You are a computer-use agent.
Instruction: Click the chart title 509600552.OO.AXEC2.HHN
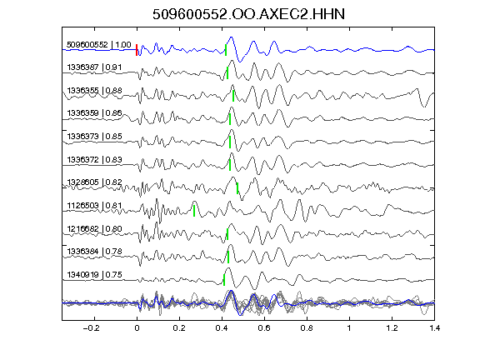(x=248, y=14)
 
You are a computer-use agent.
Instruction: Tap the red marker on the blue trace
(x=137, y=50)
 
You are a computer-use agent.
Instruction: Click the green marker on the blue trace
(x=226, y=50)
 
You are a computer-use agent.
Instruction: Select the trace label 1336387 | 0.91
(x=94, y=67)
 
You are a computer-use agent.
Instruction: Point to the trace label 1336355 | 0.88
(x=94, y=91)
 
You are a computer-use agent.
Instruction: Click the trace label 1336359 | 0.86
(x=94, y=113)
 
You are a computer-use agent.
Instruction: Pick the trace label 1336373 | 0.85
(x=94, y=136)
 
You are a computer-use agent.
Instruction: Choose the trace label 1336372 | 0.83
(x=94, y=159)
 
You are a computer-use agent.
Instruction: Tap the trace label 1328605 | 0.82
(x=94, y=182)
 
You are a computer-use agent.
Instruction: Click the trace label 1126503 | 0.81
(x=94, y=205)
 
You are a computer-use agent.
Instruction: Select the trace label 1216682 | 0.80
(x=94, y=228)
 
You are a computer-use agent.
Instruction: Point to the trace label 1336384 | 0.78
(x=94, y=252)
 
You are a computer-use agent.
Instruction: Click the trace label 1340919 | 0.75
(x=94, y=275)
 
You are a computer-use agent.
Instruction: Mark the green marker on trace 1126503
(x=194, y=211)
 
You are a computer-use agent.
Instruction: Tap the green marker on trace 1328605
(x=237, y=188)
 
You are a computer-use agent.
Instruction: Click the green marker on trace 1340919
(x=224, y=280)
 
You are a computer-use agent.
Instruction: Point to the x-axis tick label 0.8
(x=307, y=328)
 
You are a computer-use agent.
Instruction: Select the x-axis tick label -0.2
(x=91, y=328)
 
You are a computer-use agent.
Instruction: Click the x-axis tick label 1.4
(x=434, y=328)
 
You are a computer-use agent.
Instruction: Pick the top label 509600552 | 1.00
(x=99, y=45)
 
